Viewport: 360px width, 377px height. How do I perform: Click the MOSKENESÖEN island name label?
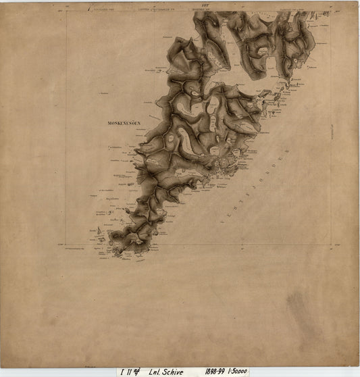124,124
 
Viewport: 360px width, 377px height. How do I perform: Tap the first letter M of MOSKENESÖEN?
109,124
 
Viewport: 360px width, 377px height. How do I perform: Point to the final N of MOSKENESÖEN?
139,124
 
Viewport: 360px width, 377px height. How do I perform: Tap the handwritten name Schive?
173,371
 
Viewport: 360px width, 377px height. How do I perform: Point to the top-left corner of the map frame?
66,11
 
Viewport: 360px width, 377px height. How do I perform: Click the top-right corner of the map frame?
331,11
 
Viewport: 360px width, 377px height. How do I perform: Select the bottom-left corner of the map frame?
66,245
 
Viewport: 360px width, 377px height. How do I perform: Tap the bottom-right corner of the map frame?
331,245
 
